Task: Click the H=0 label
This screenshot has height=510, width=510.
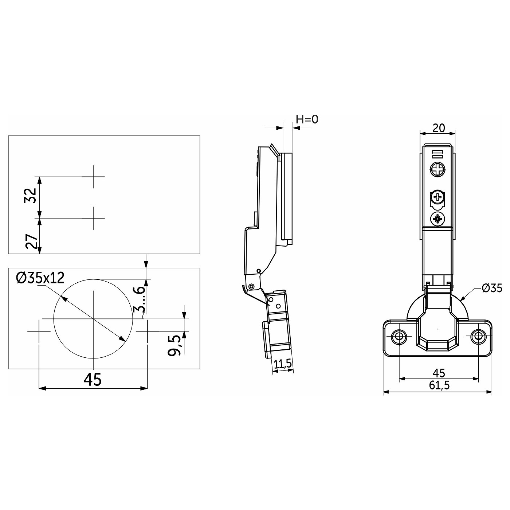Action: pos(307,119)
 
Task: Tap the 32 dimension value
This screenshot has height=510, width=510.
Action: pos(31,196)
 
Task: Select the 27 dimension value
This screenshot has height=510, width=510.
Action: pos(31,241)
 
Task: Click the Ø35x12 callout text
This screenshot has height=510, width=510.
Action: pos(40,278)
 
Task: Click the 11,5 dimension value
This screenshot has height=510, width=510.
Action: pos(283,364)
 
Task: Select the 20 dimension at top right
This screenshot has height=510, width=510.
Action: pos(439,128)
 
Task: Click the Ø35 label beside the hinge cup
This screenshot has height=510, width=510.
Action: pos(492,289)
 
